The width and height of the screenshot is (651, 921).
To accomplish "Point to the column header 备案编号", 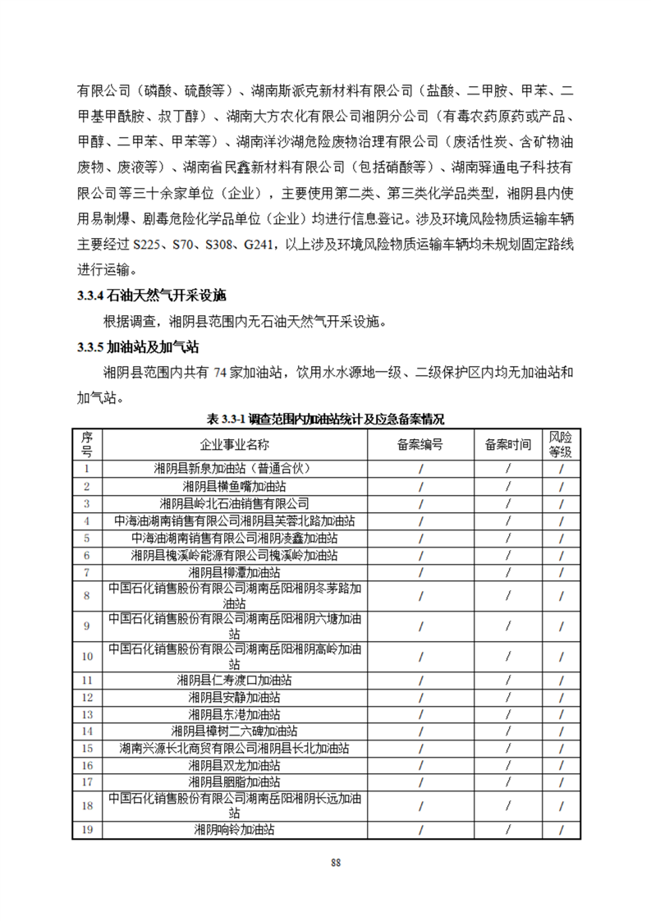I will tap(419, 444).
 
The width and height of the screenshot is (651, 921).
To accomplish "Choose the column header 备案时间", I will tap(507, 444).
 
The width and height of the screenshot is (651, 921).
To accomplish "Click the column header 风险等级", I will tap(561, 444).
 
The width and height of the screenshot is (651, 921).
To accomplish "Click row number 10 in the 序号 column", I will tap(88, 656).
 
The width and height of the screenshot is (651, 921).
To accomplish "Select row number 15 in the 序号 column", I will tap(88, 749).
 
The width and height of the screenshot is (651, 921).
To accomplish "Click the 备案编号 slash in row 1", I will tap(419, 469).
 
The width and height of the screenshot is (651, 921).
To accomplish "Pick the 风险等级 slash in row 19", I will tap(561, 829).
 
